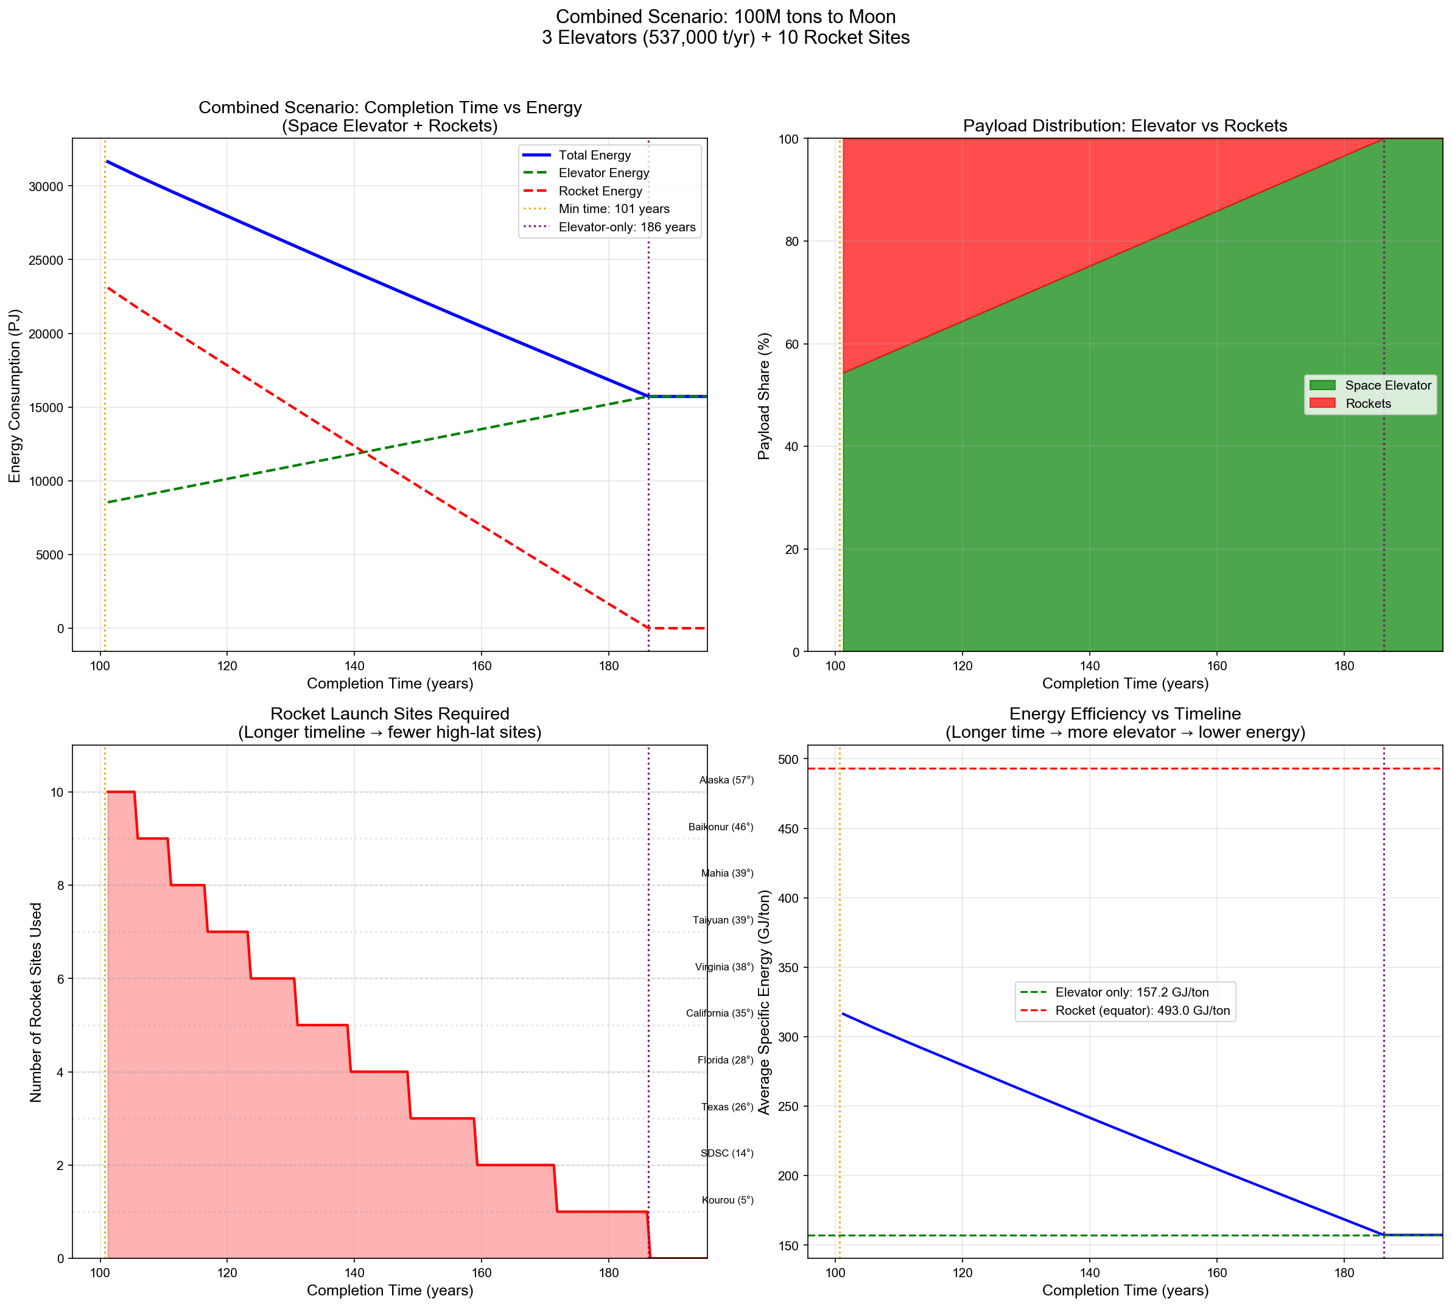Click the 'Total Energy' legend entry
pos(594,155)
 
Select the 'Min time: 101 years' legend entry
pos(613,209)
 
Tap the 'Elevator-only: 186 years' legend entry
pos(626,227)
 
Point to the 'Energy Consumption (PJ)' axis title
pos(15,396)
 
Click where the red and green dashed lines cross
pos(364,452)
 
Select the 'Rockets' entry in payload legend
pos(1367,404)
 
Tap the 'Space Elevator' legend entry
pos(1387,385)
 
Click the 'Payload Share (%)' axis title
pos(764,396)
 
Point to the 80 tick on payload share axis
pos(791,241)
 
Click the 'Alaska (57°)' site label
pos(726,780)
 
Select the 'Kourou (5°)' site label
pos(728,1200)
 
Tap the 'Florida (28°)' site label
pos(725,1060)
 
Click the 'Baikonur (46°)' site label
pos(720,827)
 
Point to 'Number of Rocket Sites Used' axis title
pos(36,1003)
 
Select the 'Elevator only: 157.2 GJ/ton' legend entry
pos(1132,992)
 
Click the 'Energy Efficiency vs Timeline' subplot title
pos(1124,714)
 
